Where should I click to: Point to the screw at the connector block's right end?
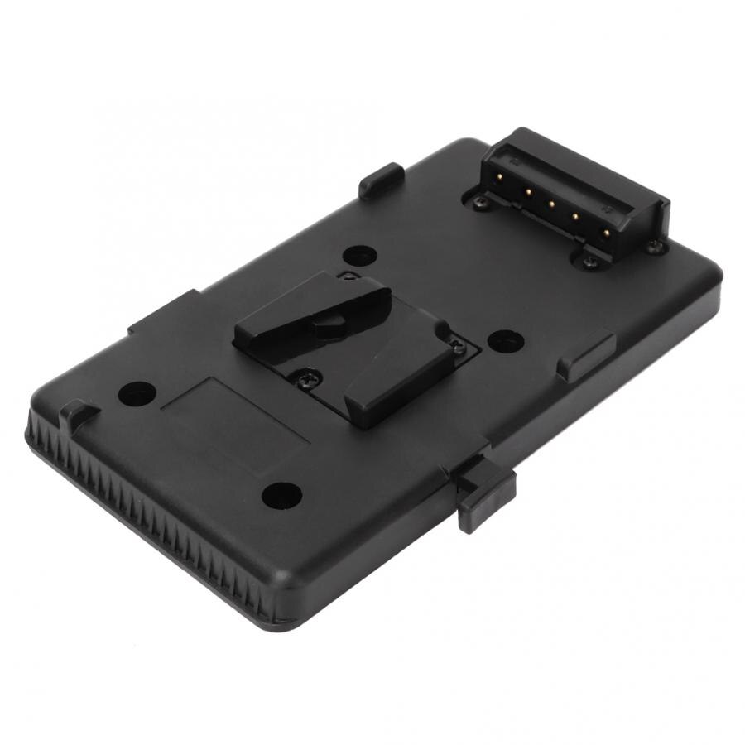[x=654, y=246]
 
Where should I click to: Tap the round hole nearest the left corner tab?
[x=137, y=393]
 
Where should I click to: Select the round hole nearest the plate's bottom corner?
[x=281, y=495]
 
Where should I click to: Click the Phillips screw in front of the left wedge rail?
[x=307, y=379]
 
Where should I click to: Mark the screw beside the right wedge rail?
[x=458, y=349]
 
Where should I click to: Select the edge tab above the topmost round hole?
[x=381, y=180]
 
